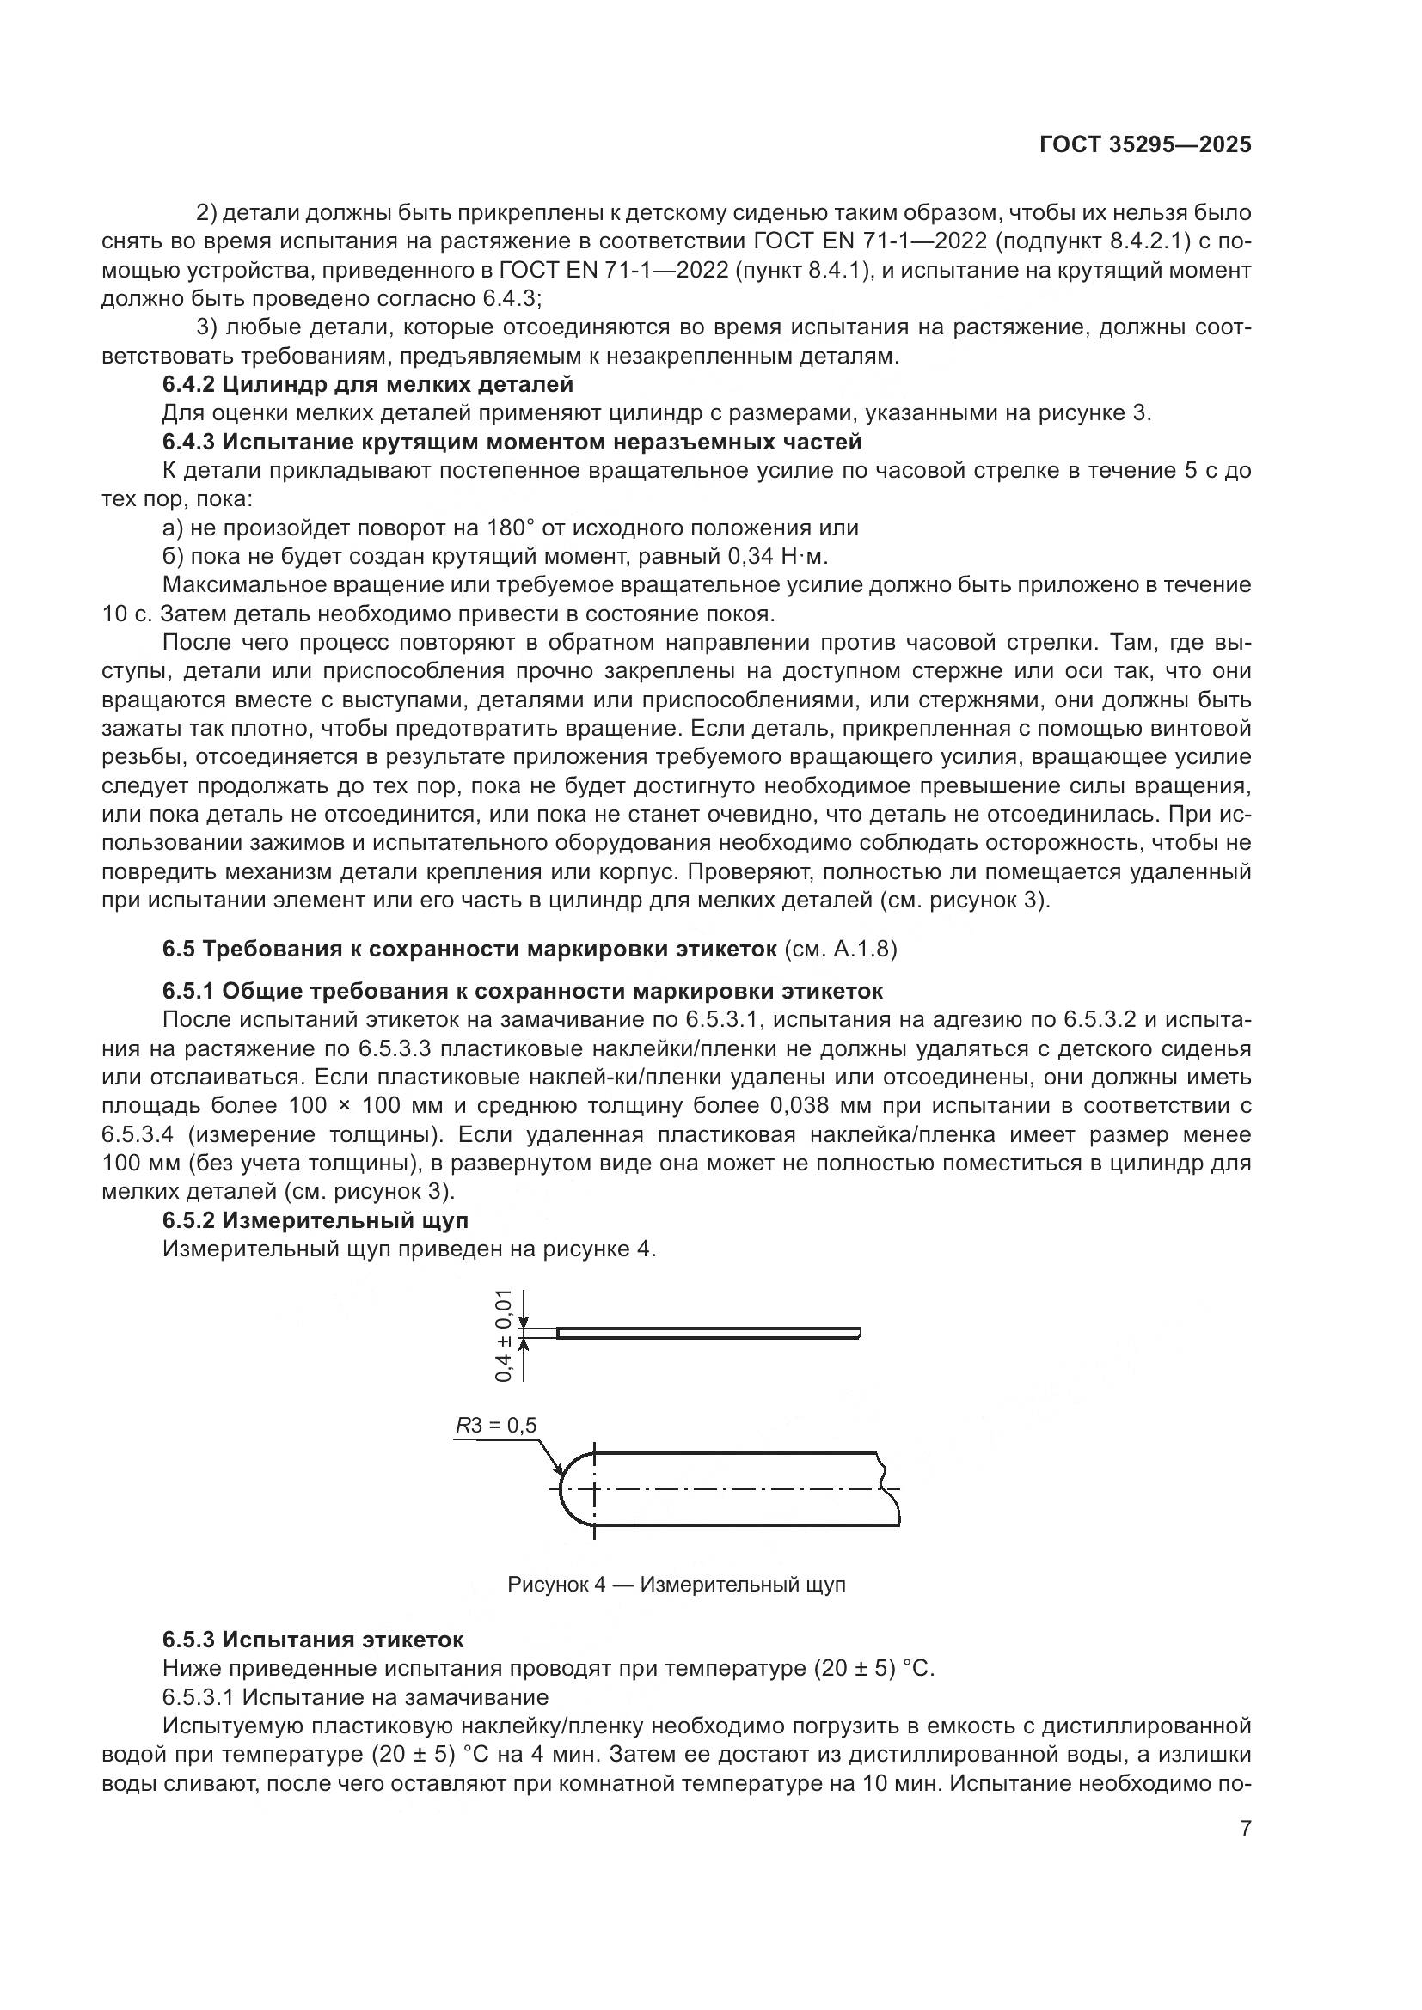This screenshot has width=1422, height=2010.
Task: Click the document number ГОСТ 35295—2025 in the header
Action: click(1145, 144)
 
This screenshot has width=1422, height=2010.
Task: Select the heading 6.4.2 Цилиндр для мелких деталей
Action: click(368, 384)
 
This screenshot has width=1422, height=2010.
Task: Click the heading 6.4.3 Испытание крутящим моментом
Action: click(512, 442)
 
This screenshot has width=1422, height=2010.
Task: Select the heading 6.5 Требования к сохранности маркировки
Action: click(469, 949)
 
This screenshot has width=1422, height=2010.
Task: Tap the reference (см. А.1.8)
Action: click(841, 949)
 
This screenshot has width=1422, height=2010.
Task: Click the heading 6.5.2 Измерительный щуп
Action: click(316, 1219)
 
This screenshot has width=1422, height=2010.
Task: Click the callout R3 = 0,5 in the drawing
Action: click(495, 1427)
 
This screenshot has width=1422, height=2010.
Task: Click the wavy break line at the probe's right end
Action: click(889, 1488)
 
